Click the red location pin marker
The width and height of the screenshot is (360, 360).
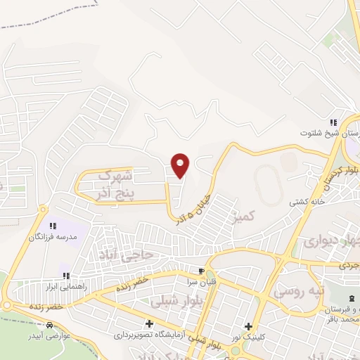(x=181, y=165)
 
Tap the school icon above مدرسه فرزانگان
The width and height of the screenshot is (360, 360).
(x=52, y=226)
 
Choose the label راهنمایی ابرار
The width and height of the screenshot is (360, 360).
(x=67, y=288)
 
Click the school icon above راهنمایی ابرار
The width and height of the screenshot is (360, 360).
(x=65, y=276)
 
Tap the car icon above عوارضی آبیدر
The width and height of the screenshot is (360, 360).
(x=50, y=326)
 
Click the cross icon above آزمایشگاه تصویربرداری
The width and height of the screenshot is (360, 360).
(x=148, y=325)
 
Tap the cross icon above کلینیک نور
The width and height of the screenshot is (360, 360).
(x=247, y=326)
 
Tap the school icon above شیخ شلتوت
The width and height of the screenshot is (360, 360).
(x=333, y=122)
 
